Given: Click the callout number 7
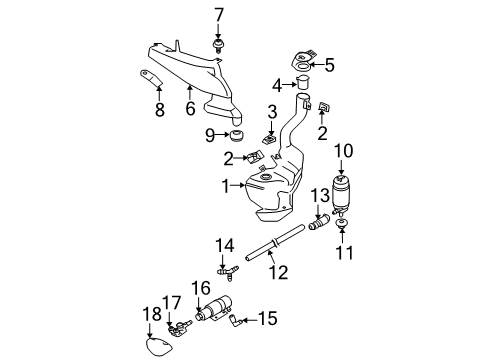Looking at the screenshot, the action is pyautogui.click(x=219, y=15).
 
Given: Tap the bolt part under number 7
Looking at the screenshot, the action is pyautogui.click(x=218, y=46).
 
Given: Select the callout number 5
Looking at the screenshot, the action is pyautogui.click(x=329, y=65).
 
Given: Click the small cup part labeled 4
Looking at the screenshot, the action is pyautogui.click(x=303, y=82).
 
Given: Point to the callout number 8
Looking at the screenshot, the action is pyautogui.click(x=160, y=109).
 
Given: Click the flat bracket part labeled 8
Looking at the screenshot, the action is pyautogui.click(x=151, y=78).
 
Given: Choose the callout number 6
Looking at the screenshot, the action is pyautogui.click(x=190, y=108).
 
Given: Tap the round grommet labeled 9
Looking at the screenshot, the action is pyautogui.click(x=237, y=135).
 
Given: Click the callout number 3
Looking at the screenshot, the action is pyautogui.click(x=272, y=112).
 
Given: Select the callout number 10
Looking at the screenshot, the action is pyautogui.click(x=343, y=151).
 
